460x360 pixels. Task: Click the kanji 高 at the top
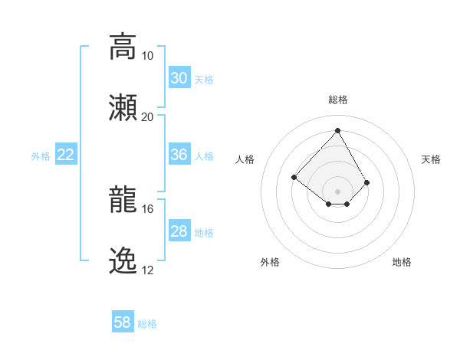[123, 47]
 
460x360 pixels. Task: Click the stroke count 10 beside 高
[147, 56]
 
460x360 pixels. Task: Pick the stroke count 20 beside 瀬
[147, 116]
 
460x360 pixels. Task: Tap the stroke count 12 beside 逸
[147, 270]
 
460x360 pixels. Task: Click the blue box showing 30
[179, 78]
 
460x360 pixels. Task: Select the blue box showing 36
[179, 155]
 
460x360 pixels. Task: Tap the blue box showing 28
[179, 231]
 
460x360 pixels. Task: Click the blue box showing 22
[66, 155]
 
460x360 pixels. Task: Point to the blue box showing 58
[123, 322]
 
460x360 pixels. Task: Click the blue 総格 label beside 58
[147, 324]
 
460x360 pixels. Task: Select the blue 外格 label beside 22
[41, 156]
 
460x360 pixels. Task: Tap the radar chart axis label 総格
[337, 100]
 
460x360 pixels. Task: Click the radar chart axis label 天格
[431, 159]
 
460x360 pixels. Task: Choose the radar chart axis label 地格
[402, 262]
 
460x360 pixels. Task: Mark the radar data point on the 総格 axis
[337, 129]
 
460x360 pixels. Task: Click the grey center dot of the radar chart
[337, 191]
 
